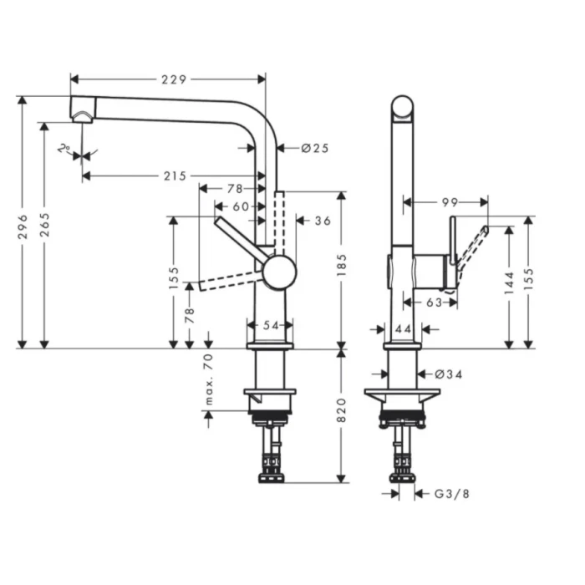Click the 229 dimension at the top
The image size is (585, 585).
pos(173,79)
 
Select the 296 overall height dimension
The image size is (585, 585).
pos(23,226)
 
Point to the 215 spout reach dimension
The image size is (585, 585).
pos(175,175)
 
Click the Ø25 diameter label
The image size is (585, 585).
pos(314,148)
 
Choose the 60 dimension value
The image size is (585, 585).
pos(240,206)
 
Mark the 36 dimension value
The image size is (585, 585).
pos(323,221)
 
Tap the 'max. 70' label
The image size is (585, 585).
pos(209,380)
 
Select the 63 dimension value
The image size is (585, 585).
pos(431,303)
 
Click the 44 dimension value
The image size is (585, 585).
pos(403,330)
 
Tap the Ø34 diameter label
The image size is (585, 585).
pos(448,374)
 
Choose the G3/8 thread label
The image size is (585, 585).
pos(452,494)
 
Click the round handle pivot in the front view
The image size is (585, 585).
pos(278,272)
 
